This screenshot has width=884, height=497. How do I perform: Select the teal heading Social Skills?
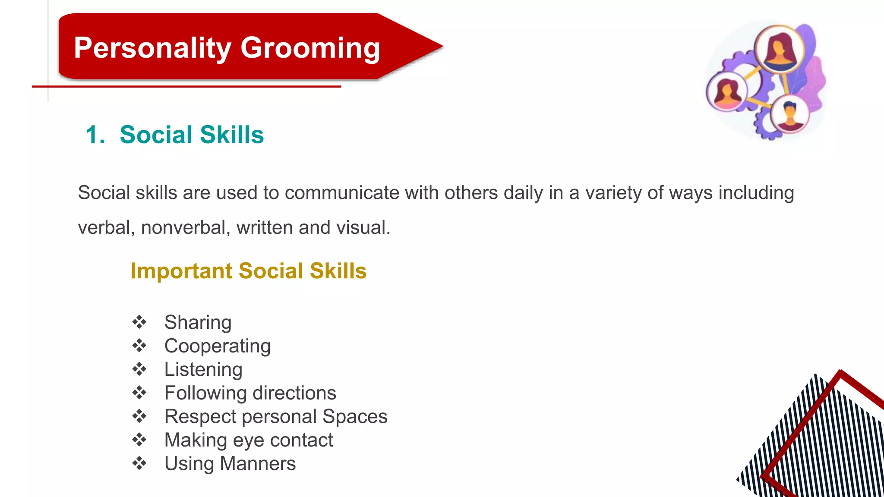click(x=192, y=135)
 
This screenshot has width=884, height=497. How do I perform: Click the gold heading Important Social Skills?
click(x=249, y=271)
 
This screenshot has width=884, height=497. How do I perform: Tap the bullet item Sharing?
click(x=198, y=322)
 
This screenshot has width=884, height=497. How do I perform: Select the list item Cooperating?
click(x=218, y=346)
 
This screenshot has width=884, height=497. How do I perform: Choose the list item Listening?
click(x=203, y=369)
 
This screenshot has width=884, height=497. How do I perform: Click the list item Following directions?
click(x=250, y=393)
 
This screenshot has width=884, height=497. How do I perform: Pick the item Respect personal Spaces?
click(x=276, y=416)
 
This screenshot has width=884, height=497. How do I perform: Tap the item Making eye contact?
click(x=249, y=440)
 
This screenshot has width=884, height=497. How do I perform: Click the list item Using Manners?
click(x=230, y=464)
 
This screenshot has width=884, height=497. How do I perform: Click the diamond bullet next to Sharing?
click(x=139, y=322)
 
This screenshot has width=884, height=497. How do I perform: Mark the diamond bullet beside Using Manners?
click(x=139, y=463)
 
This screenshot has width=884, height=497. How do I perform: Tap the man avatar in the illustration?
click(x=789, y=114)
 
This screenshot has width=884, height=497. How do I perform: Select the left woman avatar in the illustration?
click(x=727, y=92)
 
